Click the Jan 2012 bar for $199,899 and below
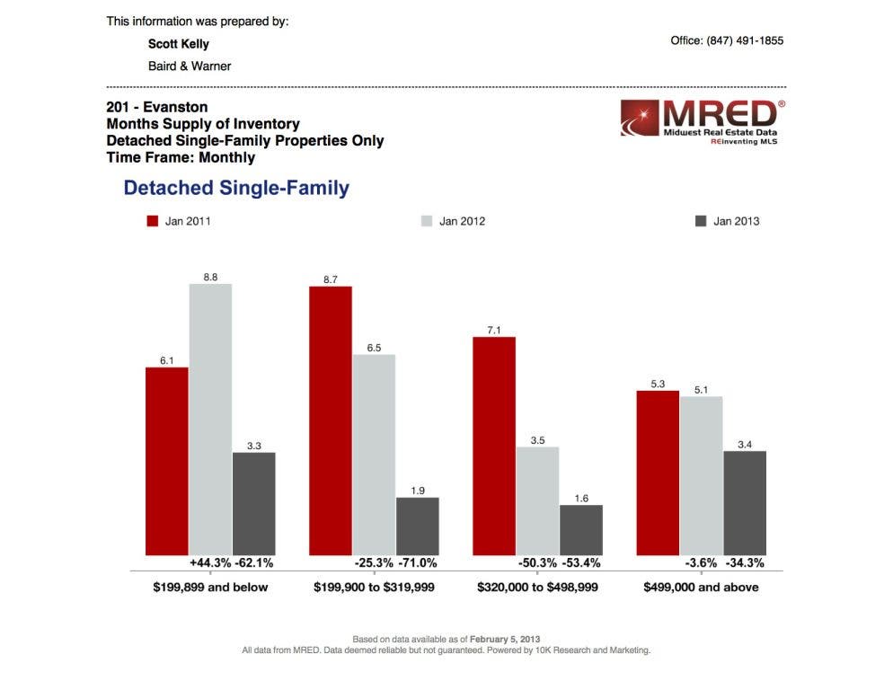(x=210, y=420)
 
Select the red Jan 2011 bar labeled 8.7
(x=330, y=420)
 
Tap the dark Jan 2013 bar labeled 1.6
(x=581, y=530)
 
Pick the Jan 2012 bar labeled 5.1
(x=701, y=475)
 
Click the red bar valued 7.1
(x=494, y=446)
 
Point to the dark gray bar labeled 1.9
(x=418, y=526)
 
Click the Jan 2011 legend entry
(x=179, y=221)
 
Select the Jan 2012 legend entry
(x=453, y=221)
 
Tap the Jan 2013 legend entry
(x=727, y=221)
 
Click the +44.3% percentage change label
(x=209, y=563)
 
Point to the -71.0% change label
(x=418, y=563)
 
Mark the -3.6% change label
(x=701, y=563)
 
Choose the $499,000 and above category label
(x=701, y=588)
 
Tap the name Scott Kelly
(x=178, y=44)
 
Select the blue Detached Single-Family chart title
(x=236, y=188)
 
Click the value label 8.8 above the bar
(x=210, y=279)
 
